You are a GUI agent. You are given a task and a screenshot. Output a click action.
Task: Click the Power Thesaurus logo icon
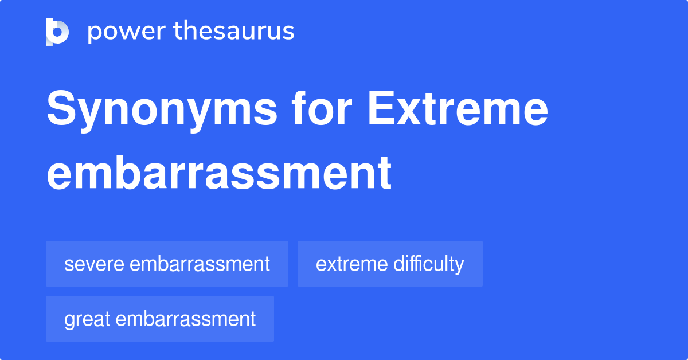click(x=57, y=32)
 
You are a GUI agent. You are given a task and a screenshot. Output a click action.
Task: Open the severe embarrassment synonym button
click(x=167, y=264)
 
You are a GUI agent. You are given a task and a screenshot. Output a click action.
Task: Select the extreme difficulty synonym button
click(x=390, y=264)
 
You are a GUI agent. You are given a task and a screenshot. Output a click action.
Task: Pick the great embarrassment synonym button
click(x=160, y=319)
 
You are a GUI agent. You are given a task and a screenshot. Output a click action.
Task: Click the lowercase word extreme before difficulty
click(x=351, y=264)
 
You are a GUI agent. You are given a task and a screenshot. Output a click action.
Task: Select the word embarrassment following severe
click(x=200, y=264)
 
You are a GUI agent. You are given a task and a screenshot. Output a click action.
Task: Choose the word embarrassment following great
click(x=185, y=319)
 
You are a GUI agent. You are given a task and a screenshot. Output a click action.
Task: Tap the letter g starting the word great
click(x=69, y=320)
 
